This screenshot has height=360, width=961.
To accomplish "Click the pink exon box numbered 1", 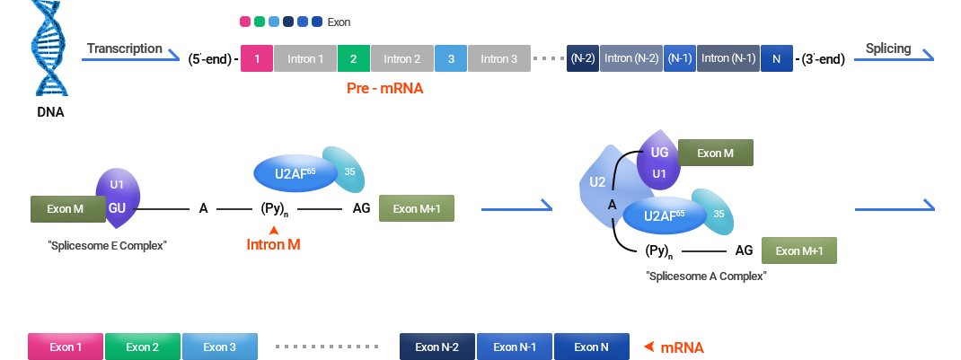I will click(257, 58).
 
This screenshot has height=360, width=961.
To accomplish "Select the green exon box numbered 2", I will click(353, 58).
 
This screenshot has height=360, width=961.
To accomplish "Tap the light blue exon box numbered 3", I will click(450, 58).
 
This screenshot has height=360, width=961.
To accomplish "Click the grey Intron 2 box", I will click(401, 58).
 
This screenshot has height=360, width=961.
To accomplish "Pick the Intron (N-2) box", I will click(631, 58).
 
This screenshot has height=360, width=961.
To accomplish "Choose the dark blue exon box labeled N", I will click(776, 58).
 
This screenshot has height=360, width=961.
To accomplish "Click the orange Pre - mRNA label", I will click(384, 89).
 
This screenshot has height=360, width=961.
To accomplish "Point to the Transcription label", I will click(124, 48).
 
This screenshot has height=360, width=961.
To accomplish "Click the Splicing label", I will click(887, 48).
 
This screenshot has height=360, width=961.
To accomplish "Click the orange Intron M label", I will click(273, 244).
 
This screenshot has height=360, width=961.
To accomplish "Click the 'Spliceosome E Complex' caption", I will click(108, 245).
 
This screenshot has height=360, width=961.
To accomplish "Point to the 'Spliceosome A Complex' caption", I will click(706, 277).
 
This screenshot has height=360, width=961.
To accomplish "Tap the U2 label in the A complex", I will click(597, 182).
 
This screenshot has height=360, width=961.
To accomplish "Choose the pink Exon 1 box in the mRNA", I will click(66, 347).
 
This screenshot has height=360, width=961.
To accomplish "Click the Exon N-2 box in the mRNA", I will click(437, 347).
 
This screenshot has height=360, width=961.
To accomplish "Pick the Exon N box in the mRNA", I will click(591, 347).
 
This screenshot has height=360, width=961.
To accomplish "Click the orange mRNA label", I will click(682, 347).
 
